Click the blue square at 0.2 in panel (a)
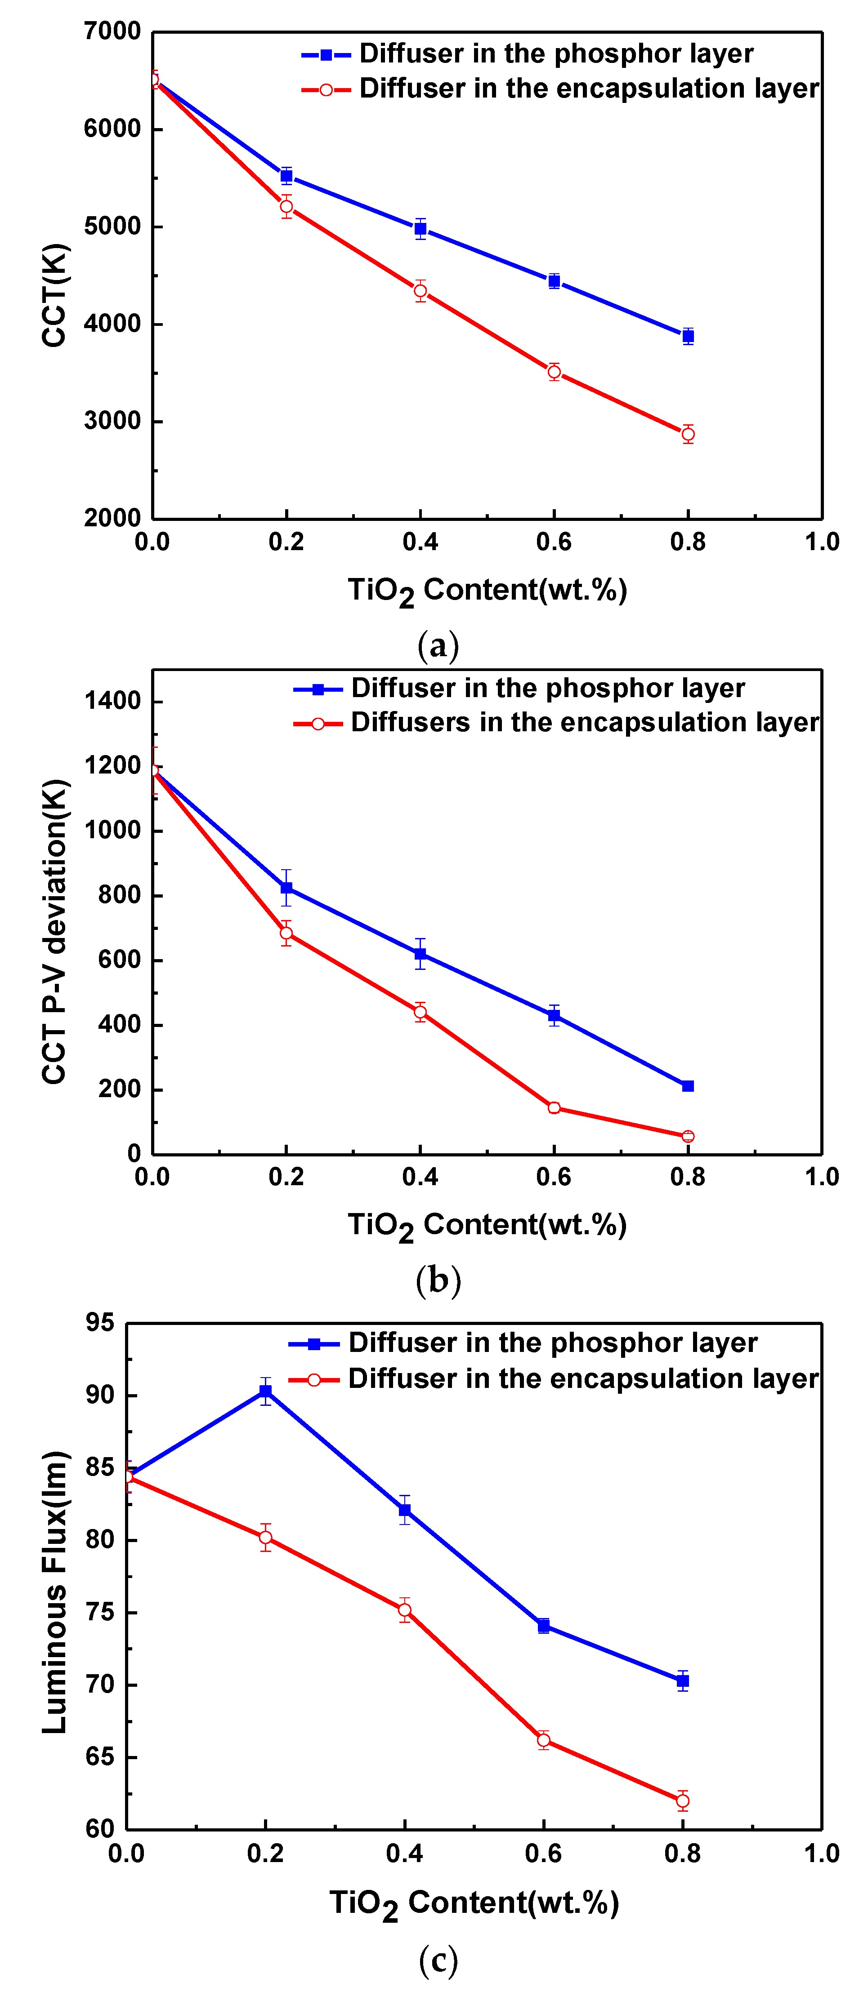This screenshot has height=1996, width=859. click(286, 176)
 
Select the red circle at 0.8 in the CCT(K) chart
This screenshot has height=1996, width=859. click(688, 434)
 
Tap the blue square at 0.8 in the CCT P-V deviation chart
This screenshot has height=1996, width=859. click(688, 1086)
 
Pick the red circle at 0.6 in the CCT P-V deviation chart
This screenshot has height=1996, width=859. click(554, 1108)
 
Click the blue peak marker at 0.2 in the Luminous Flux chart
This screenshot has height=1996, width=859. click(265, 1391)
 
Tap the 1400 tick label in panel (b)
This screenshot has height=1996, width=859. click(112, 701)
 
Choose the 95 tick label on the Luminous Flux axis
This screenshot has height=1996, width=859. click(100, 1323)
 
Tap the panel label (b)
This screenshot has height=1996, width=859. click(438, 1280)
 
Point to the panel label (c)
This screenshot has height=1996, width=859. click(438, 1960)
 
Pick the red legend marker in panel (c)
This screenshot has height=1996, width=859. click(314, 1380)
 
